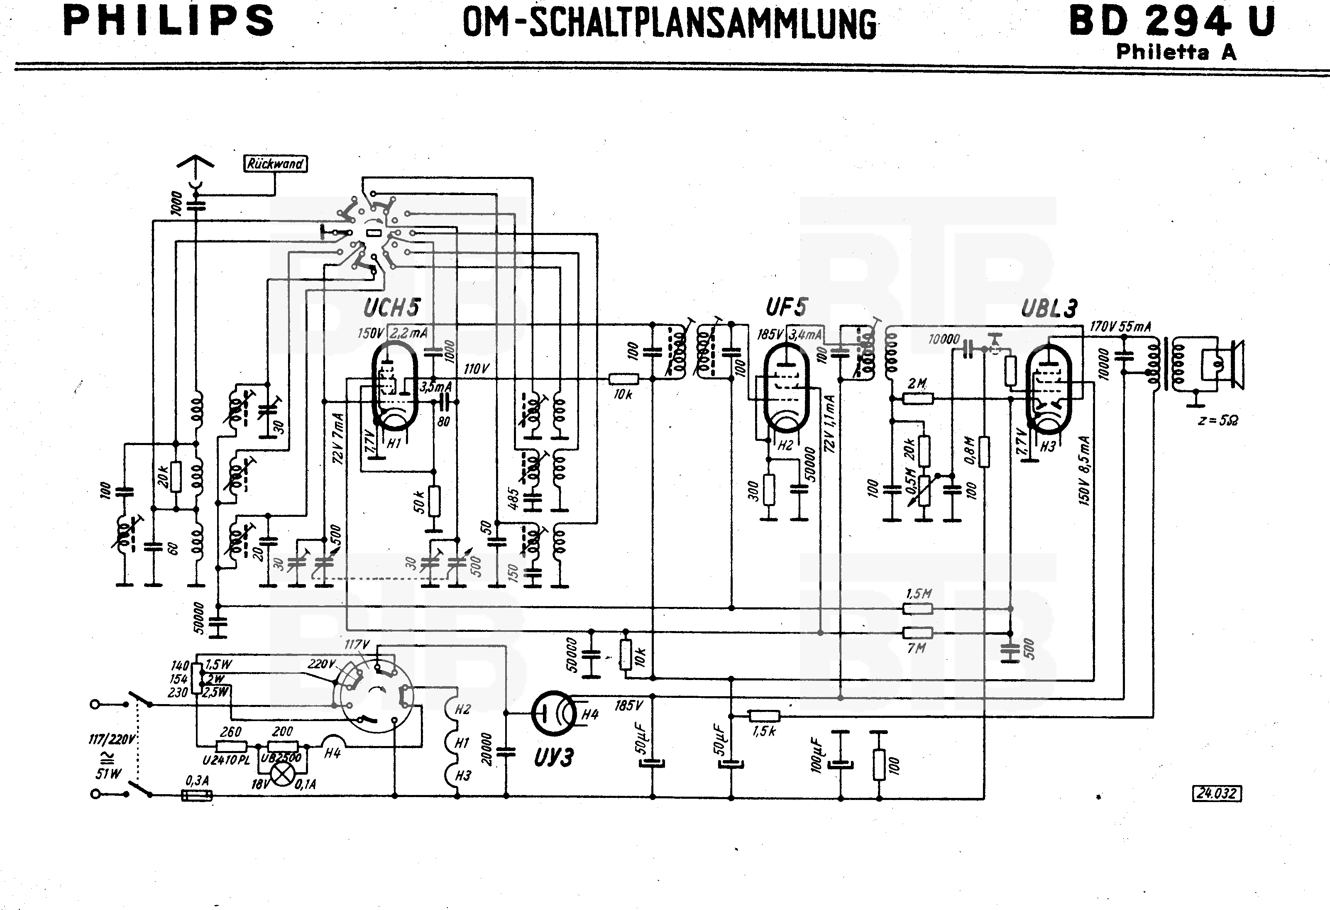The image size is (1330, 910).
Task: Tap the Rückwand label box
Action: pyautogui.click(x=275, y=164)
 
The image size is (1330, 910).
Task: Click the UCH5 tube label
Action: pyautogui.click(x=391, y=308)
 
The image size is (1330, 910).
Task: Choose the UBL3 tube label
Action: pyautogui.click(x=1049, y=309)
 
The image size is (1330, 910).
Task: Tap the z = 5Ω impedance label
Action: pyautogui.click(x=1218, y=420)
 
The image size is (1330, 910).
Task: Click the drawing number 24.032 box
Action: pyautogui.click(x=1217, y=793)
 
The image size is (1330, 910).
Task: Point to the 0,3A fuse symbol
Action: pyautogui.click(x=196, y=795)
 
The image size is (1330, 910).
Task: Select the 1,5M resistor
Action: pyautogui.click(x=917, y=608)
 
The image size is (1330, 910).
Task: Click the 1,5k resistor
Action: pyautogui.click(x=765, y=715)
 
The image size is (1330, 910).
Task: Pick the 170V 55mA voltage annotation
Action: pyautogui.click(x=1120, y=327)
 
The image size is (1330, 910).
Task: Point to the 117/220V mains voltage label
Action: pyautogui.click(x=112, y=739)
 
